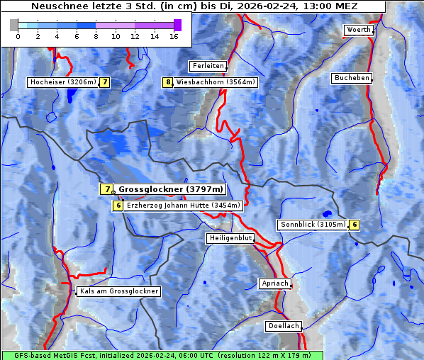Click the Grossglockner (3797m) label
171,189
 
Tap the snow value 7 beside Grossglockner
106,189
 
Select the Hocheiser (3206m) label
62,82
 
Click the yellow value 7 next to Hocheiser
105,82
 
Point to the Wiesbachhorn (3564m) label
216,82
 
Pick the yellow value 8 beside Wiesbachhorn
168,82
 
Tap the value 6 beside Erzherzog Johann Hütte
118,206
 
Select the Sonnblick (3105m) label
313,225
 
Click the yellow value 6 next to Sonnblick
354,225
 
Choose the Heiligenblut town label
230,238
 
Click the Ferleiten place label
208,66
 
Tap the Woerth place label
357,30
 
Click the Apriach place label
274,283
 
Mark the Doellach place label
283,327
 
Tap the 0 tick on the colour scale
18,36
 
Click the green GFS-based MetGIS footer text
162,355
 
